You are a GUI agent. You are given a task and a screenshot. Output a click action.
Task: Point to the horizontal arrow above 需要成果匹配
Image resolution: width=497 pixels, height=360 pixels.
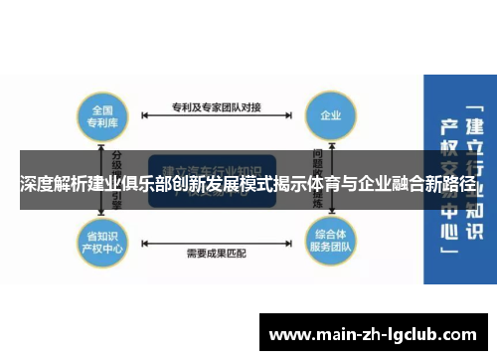(216, 239)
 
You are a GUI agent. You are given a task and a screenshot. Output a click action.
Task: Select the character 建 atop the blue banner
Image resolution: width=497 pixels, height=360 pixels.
(474, 127)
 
